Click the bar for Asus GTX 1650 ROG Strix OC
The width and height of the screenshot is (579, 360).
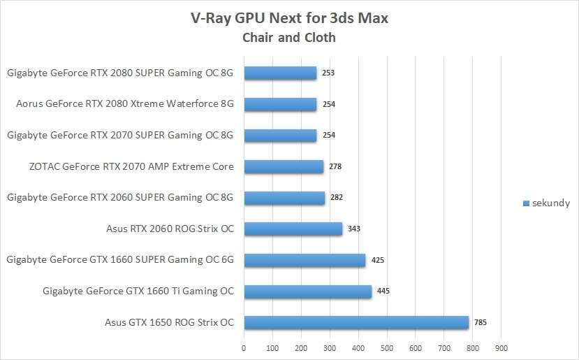356,322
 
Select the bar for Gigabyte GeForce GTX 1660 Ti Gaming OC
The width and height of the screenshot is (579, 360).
307,291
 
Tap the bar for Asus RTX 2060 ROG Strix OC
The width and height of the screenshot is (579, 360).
293,229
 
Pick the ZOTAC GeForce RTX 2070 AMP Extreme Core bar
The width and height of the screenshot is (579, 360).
284,166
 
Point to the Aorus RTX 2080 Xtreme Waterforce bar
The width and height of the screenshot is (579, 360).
280,104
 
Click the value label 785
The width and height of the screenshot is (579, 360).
480,322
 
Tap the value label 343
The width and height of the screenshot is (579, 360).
353,229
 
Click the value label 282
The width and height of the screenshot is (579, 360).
337,198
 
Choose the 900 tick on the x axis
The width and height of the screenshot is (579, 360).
501,347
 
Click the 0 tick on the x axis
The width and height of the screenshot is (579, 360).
244,347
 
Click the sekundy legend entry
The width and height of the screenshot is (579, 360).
547,203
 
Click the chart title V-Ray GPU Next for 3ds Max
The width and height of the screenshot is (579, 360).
289,18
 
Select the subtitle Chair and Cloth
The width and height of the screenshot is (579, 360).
289,38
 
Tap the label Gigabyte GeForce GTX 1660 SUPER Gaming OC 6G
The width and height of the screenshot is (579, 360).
119,260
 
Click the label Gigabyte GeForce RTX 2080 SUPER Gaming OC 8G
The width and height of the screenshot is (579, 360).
119,73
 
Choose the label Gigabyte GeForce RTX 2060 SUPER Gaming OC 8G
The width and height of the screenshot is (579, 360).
119,198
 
